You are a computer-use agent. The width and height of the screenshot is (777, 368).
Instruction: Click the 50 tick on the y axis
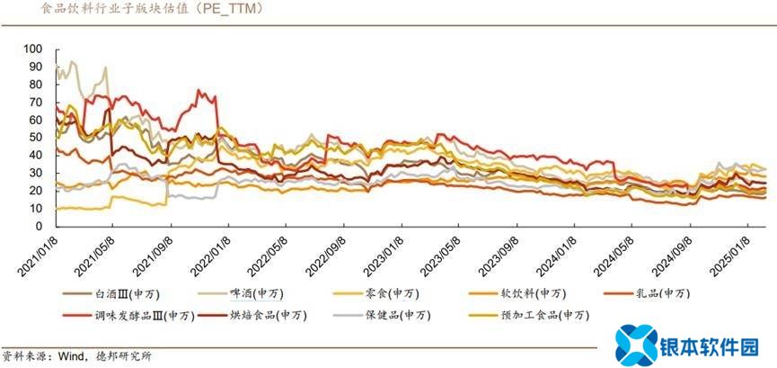pos(35,137)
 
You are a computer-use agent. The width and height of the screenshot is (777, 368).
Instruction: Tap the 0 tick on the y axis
pos(38,226)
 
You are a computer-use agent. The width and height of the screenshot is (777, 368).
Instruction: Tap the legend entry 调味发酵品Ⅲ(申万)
pos(143,315)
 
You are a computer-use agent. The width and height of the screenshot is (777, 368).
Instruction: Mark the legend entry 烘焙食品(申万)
pos(267,315)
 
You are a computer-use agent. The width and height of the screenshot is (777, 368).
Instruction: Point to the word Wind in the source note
pos(74,355)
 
